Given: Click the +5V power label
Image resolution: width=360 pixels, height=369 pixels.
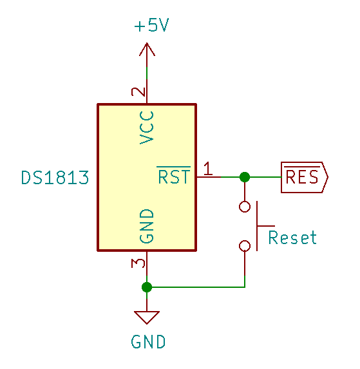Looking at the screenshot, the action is click(x=151, y=25).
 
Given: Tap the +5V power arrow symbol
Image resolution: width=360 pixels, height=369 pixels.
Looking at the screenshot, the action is click(x=147, y=50).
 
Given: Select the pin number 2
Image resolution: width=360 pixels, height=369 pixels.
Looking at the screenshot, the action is click(x=138, y=92).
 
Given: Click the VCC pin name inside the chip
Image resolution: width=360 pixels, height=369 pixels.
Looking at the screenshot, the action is click(x=146, y=128).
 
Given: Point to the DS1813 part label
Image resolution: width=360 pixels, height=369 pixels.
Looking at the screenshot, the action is click(x=55, y=178).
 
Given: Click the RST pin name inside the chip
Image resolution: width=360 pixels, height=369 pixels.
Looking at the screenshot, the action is click(x=174, y=175).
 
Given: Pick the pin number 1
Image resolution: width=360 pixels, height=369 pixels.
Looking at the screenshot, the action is click(x=208, y=169).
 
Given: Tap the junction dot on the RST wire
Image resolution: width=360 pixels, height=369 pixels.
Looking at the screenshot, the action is click(x=245, y=177).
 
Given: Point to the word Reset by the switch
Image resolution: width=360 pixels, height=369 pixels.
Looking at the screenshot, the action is click(x=292, y=237).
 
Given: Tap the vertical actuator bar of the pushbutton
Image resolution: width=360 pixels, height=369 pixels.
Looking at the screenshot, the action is click(x=257, y=226).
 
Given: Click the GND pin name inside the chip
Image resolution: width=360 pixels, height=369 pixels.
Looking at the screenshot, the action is click(x=146, y=226).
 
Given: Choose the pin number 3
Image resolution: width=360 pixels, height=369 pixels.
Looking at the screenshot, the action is click(x=138, y=263).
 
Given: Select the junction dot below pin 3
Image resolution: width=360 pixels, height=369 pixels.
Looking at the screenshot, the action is click(x=147, y=287).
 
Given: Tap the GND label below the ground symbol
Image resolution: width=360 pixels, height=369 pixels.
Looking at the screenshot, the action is click(x=148, y=342).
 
